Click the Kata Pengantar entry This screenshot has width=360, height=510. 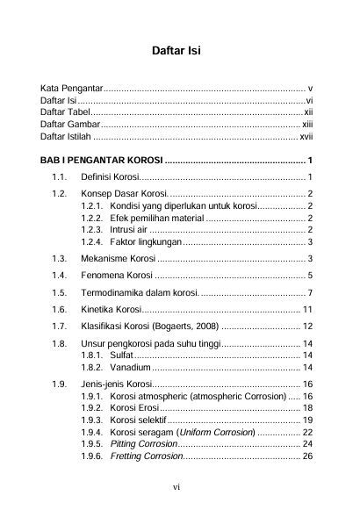coord(72,90)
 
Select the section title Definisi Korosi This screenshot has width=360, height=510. coord(104,178)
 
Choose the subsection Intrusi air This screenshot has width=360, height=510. coord(130,229)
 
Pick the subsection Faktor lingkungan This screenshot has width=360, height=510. coord(145,241)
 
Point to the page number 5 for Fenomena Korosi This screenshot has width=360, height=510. coord(311,276)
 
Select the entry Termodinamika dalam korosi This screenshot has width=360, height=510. coord(140,292)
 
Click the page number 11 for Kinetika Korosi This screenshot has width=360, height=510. coord(308,310)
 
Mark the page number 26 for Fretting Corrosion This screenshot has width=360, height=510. coord(308,457)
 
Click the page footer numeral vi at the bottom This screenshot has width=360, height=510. coord(176,485)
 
